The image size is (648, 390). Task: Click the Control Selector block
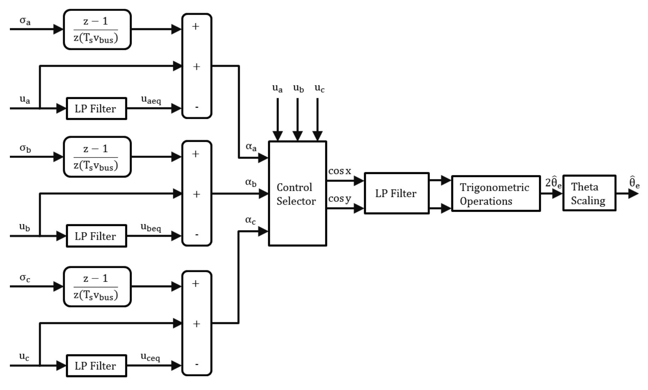click(297, 193)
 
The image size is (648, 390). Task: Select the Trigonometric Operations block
click(495, 193)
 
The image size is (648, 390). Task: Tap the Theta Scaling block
click(589, 193)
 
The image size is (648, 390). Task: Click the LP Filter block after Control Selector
click(397, 193)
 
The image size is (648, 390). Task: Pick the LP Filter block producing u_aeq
click(96, 109)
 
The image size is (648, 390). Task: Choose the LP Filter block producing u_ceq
click(96, 366)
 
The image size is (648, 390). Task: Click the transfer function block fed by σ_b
click(97, 157)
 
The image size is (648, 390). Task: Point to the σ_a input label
click(25, 21)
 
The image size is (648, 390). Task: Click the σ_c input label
click(25, 278)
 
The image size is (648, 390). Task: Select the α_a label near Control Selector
click(251, 147)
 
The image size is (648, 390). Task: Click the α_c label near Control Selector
click(250, 220)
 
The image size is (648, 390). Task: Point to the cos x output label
click(340, 172)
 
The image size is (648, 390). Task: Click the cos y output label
click(340, 199)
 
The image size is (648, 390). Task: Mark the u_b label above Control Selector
click(298, 88)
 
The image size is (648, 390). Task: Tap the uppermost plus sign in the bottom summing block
click(196, 284)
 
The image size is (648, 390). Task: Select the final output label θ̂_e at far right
click(634, 182)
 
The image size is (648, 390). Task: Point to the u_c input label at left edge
click(24, 356)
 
